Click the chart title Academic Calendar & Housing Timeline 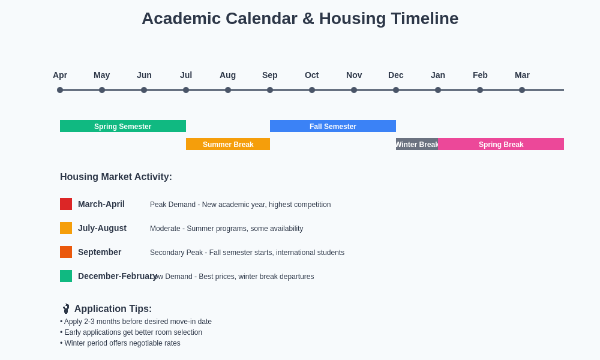[x=300, y=19]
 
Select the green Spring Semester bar [x=123, y=126]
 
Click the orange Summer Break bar [x=228, y=144]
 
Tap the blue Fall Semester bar [x=333, y=126]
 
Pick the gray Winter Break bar [x=417, y=144]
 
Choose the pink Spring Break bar [x=501, y=144]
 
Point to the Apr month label [x=60, y=75]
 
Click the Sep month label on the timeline [x=270, y=75]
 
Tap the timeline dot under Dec [x=396, y=90]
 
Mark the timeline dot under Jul [x=186, y=90]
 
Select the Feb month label [x=480, y=75]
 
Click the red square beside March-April [x=66, y=204]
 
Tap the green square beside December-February [x=66, y=276]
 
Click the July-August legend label [x=102, y=228]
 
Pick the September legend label [x=100, y=252]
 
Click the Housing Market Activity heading [x=116, y=177]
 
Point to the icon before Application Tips [x=66, y=308]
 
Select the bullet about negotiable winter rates [x=120, y=343]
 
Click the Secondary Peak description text [x=247, y=253]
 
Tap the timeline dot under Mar [x=522, y=90]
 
